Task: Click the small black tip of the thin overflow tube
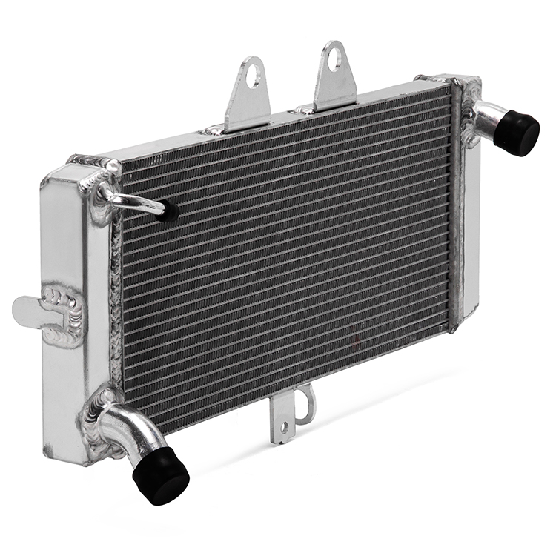(170, 212)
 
